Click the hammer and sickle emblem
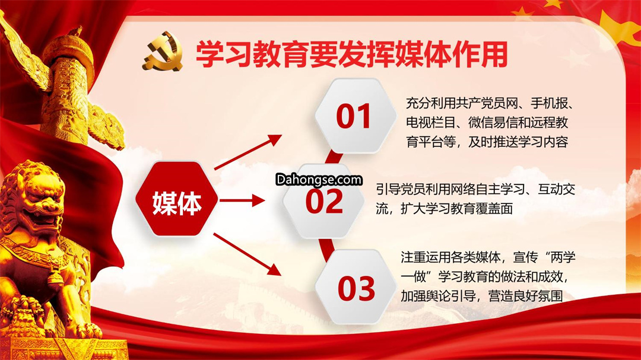162,52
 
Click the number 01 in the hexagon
354,117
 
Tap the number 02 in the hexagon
324,202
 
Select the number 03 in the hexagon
356,288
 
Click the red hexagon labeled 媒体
177,199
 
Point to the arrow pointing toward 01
248,152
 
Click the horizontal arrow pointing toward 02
242,200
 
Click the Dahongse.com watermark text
319,180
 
